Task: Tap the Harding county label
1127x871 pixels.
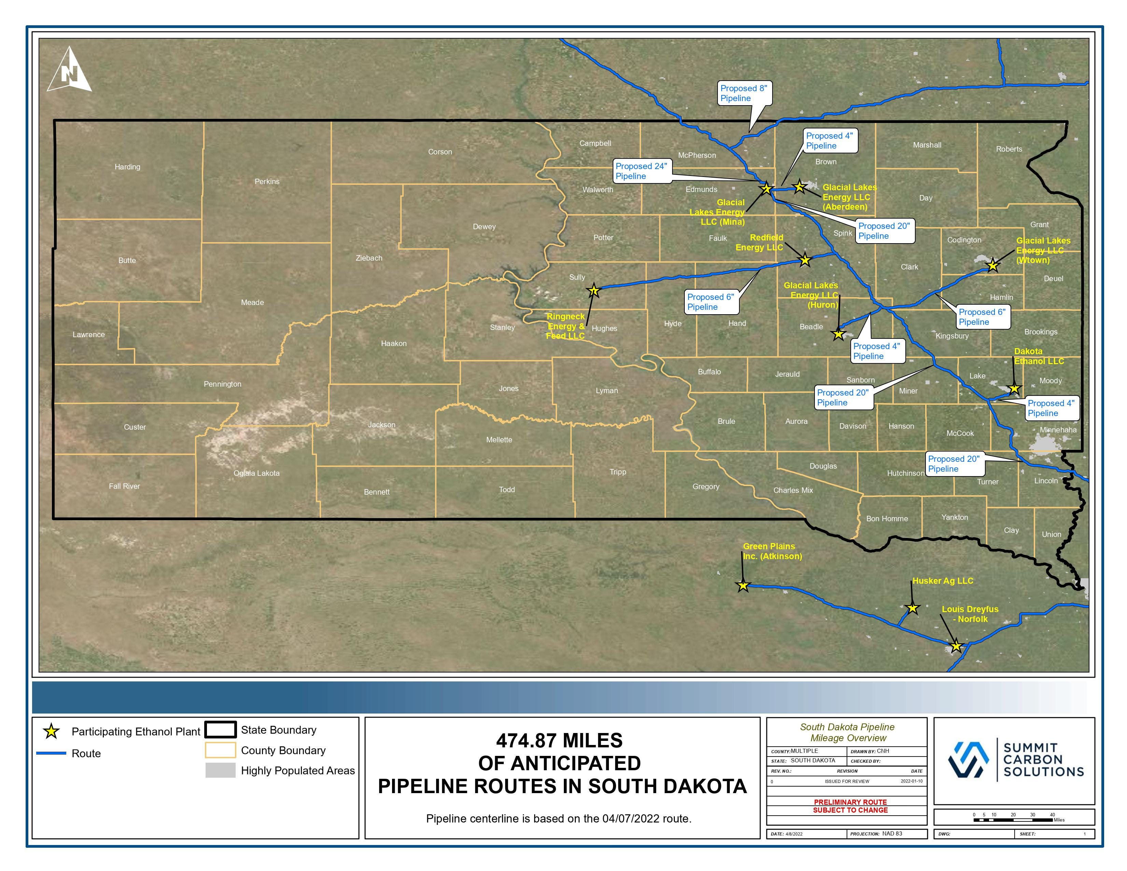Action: [127, 167]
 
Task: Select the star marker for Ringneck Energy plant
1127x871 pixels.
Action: [594, 291]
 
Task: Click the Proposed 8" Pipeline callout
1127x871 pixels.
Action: [743, 93]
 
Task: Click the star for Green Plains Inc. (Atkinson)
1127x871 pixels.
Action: [742, 586]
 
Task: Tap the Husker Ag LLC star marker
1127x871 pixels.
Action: [912, 608]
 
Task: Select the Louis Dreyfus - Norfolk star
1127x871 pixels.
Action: [956, 646]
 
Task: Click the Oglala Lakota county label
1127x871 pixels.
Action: [256, 473]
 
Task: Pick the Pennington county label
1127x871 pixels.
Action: [222, 384]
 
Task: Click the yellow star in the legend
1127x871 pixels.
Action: [51, 731]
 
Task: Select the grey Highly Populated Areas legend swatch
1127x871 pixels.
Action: [220, 770]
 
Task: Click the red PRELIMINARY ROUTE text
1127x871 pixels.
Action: [850, 802]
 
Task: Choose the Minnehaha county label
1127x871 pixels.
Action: [1058, 430]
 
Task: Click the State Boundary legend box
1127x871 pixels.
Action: [220, 730]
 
